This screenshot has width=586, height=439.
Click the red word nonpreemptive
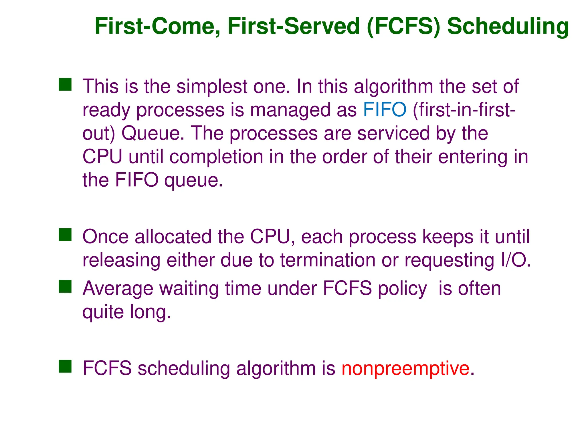click(x=405, y=368)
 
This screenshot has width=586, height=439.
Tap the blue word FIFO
click(x=385, y=110)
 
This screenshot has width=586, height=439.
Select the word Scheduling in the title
click(x=508, y=27)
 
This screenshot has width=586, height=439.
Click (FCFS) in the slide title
click(x=403, y=27)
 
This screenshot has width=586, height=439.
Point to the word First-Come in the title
click(x=158, y=27)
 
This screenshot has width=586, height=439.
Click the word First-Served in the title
click(x=294, y=27)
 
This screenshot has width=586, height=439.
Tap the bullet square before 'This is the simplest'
click(x=65, y=85)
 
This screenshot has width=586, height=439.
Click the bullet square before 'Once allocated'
click(x=65, y=235)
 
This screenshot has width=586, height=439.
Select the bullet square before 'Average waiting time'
click(x=65, y=286)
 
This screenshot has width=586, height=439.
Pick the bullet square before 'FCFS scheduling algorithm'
click(x=65, y=366)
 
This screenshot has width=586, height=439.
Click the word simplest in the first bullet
click(x=212, y=86)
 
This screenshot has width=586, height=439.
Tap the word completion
click(x=216, y=157)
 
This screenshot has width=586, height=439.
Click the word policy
click(x=402, y=288)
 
